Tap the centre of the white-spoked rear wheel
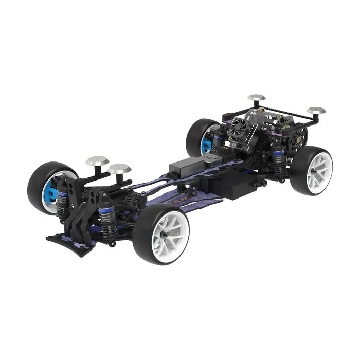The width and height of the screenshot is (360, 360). click(319, 170)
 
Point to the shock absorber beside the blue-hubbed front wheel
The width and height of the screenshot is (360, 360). click(62, 201)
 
